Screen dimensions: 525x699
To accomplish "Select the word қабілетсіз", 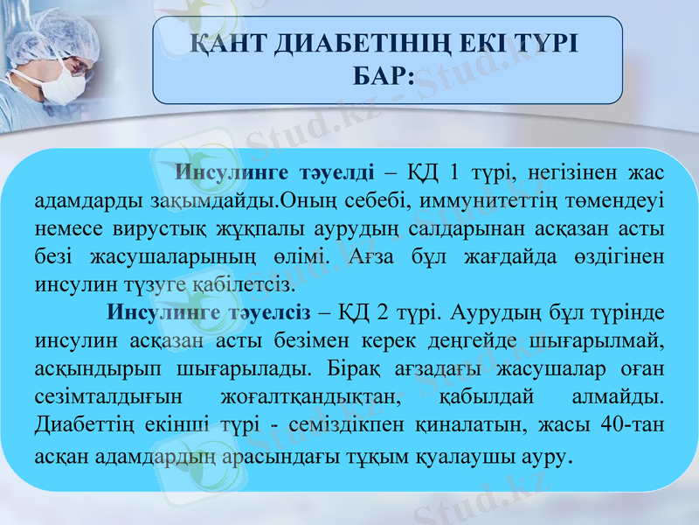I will [253, 284].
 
